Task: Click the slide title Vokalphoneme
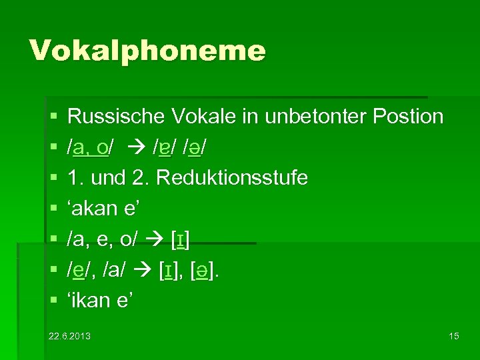147,51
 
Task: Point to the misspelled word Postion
408,117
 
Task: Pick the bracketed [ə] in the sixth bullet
217,271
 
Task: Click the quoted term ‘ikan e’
101,301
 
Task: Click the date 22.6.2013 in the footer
70,335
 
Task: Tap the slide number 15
453,335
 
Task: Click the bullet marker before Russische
53,117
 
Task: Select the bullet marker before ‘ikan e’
53,302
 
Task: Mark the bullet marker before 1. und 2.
53,179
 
